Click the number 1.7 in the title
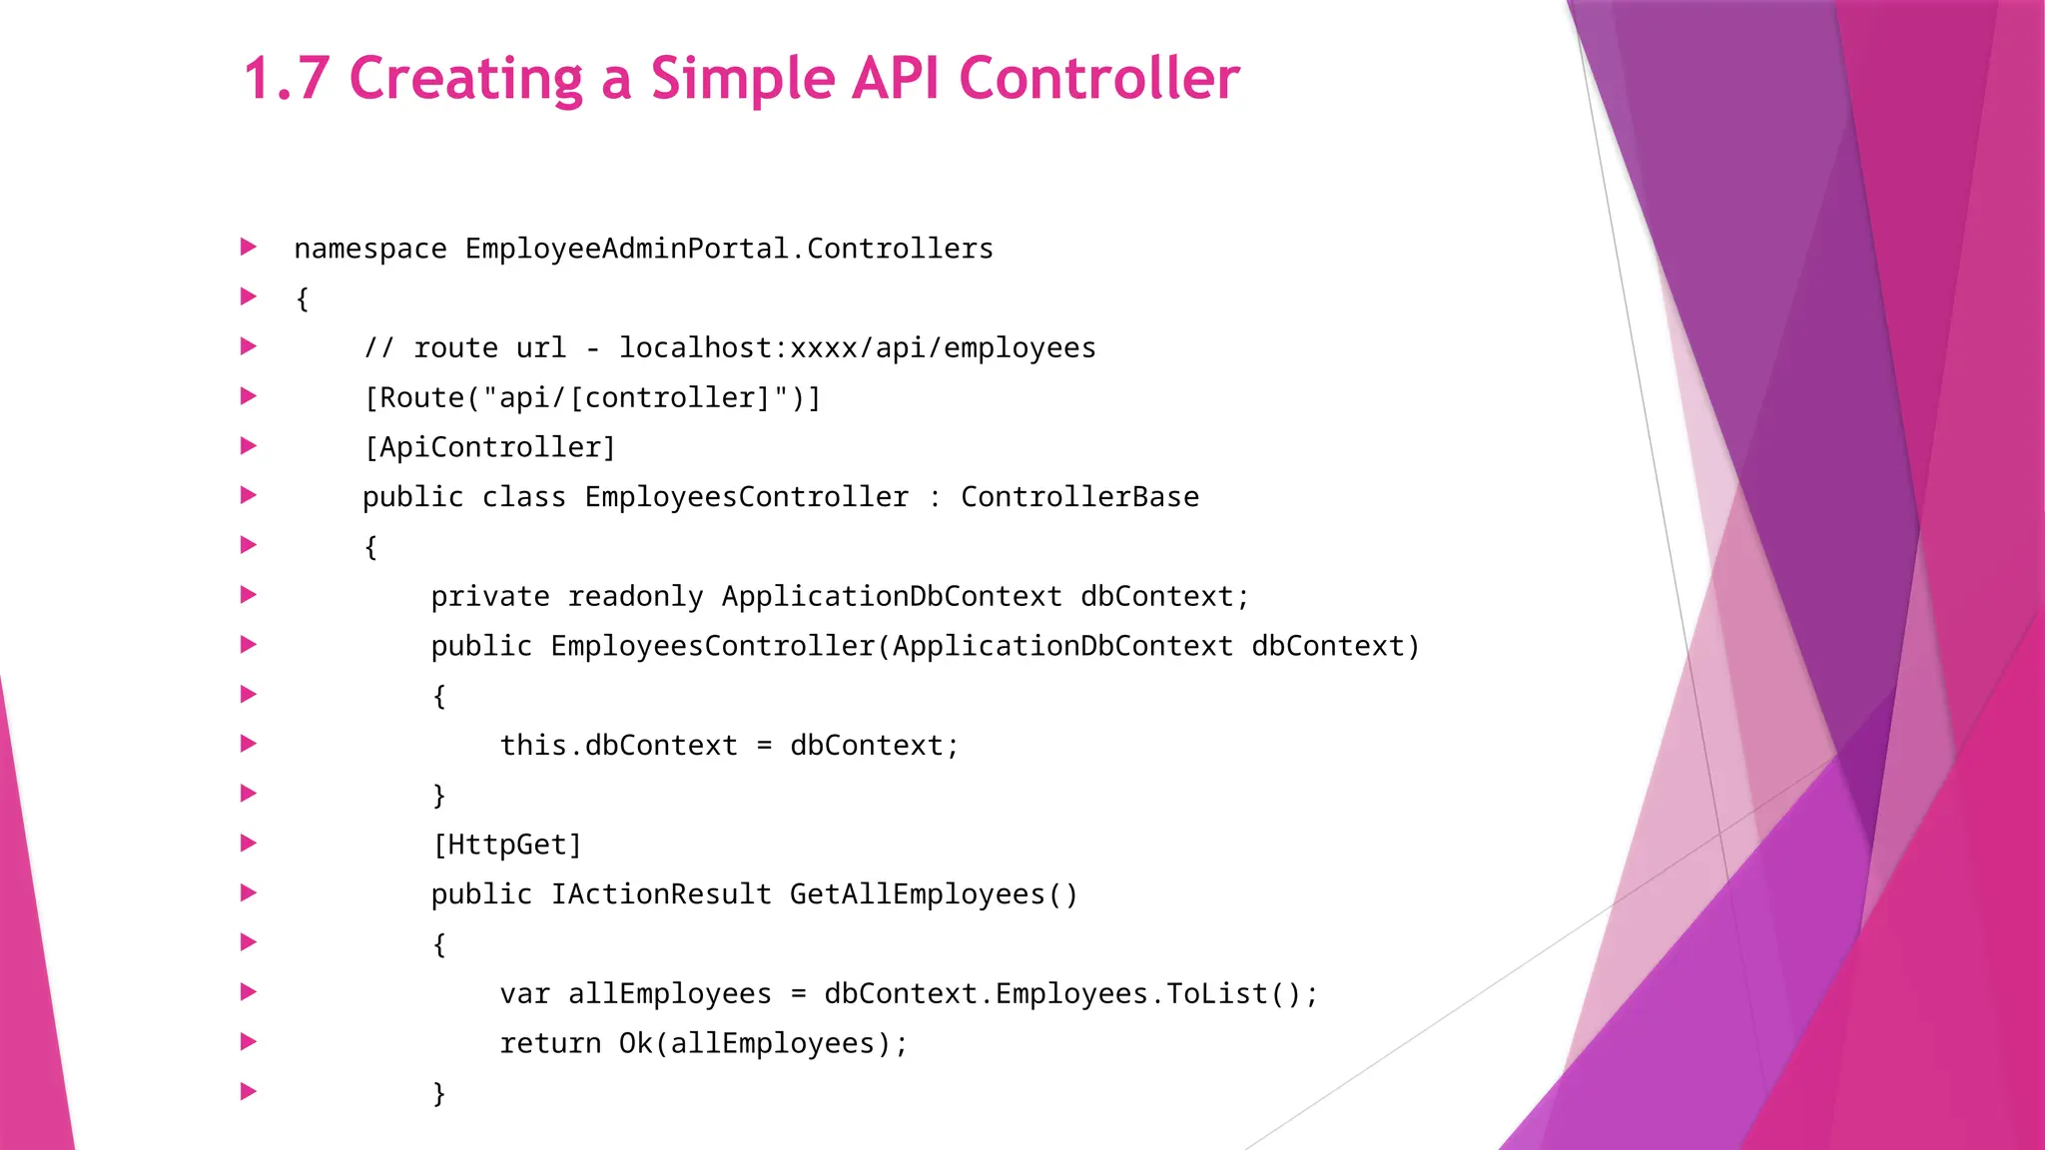click(x=287, y=78)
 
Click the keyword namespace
click(x=370, y=249)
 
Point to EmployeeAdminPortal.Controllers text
click(x=729, y=249)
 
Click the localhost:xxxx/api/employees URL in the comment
click(x=857, y=347)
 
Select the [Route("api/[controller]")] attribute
click(x=592, y=397)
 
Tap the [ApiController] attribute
click(x=489, y=447)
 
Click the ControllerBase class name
click(x=1079, y=497)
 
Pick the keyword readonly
click(x=635, y=596)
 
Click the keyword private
click(x=489, y=596)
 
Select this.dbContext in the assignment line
click(x=618, y=745)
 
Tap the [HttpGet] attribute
click(x=506, y=845)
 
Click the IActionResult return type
click(x=661, y=893)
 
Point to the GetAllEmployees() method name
click(x=934, y=893)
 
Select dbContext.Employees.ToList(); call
click(x=1070, y=993)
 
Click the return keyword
click(x=550, y=1043)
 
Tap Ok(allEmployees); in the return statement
click(x=763, y=1043)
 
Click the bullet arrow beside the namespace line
click(x=249, y=247)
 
